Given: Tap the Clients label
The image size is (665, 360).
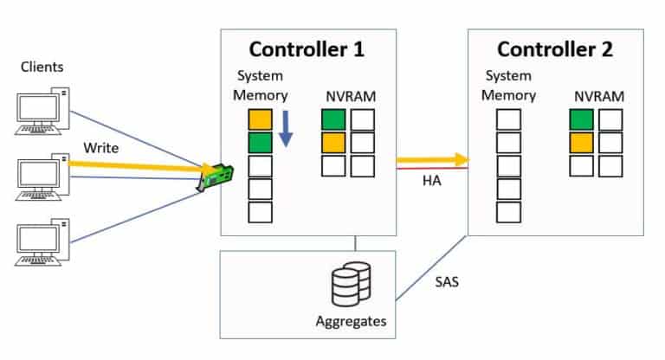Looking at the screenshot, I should [42, 67].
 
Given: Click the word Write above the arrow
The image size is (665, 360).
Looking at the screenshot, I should [100, 147].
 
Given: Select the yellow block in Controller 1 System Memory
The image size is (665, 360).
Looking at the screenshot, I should [260, 120].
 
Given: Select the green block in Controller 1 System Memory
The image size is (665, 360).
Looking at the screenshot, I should [260, 143].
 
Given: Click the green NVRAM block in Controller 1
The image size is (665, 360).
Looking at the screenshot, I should [332, 120].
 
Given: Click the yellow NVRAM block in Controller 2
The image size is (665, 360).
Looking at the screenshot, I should [582, 143].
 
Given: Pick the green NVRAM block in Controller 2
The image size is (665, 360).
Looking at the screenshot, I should [582, 120].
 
